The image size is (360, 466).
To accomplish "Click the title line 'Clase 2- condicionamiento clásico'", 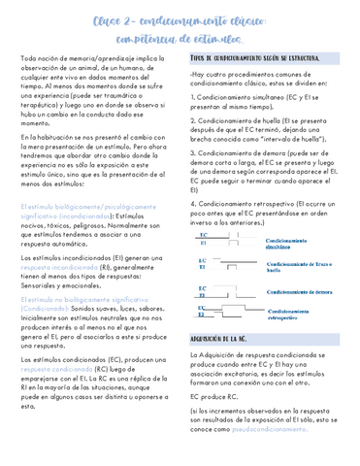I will point(180,21).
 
